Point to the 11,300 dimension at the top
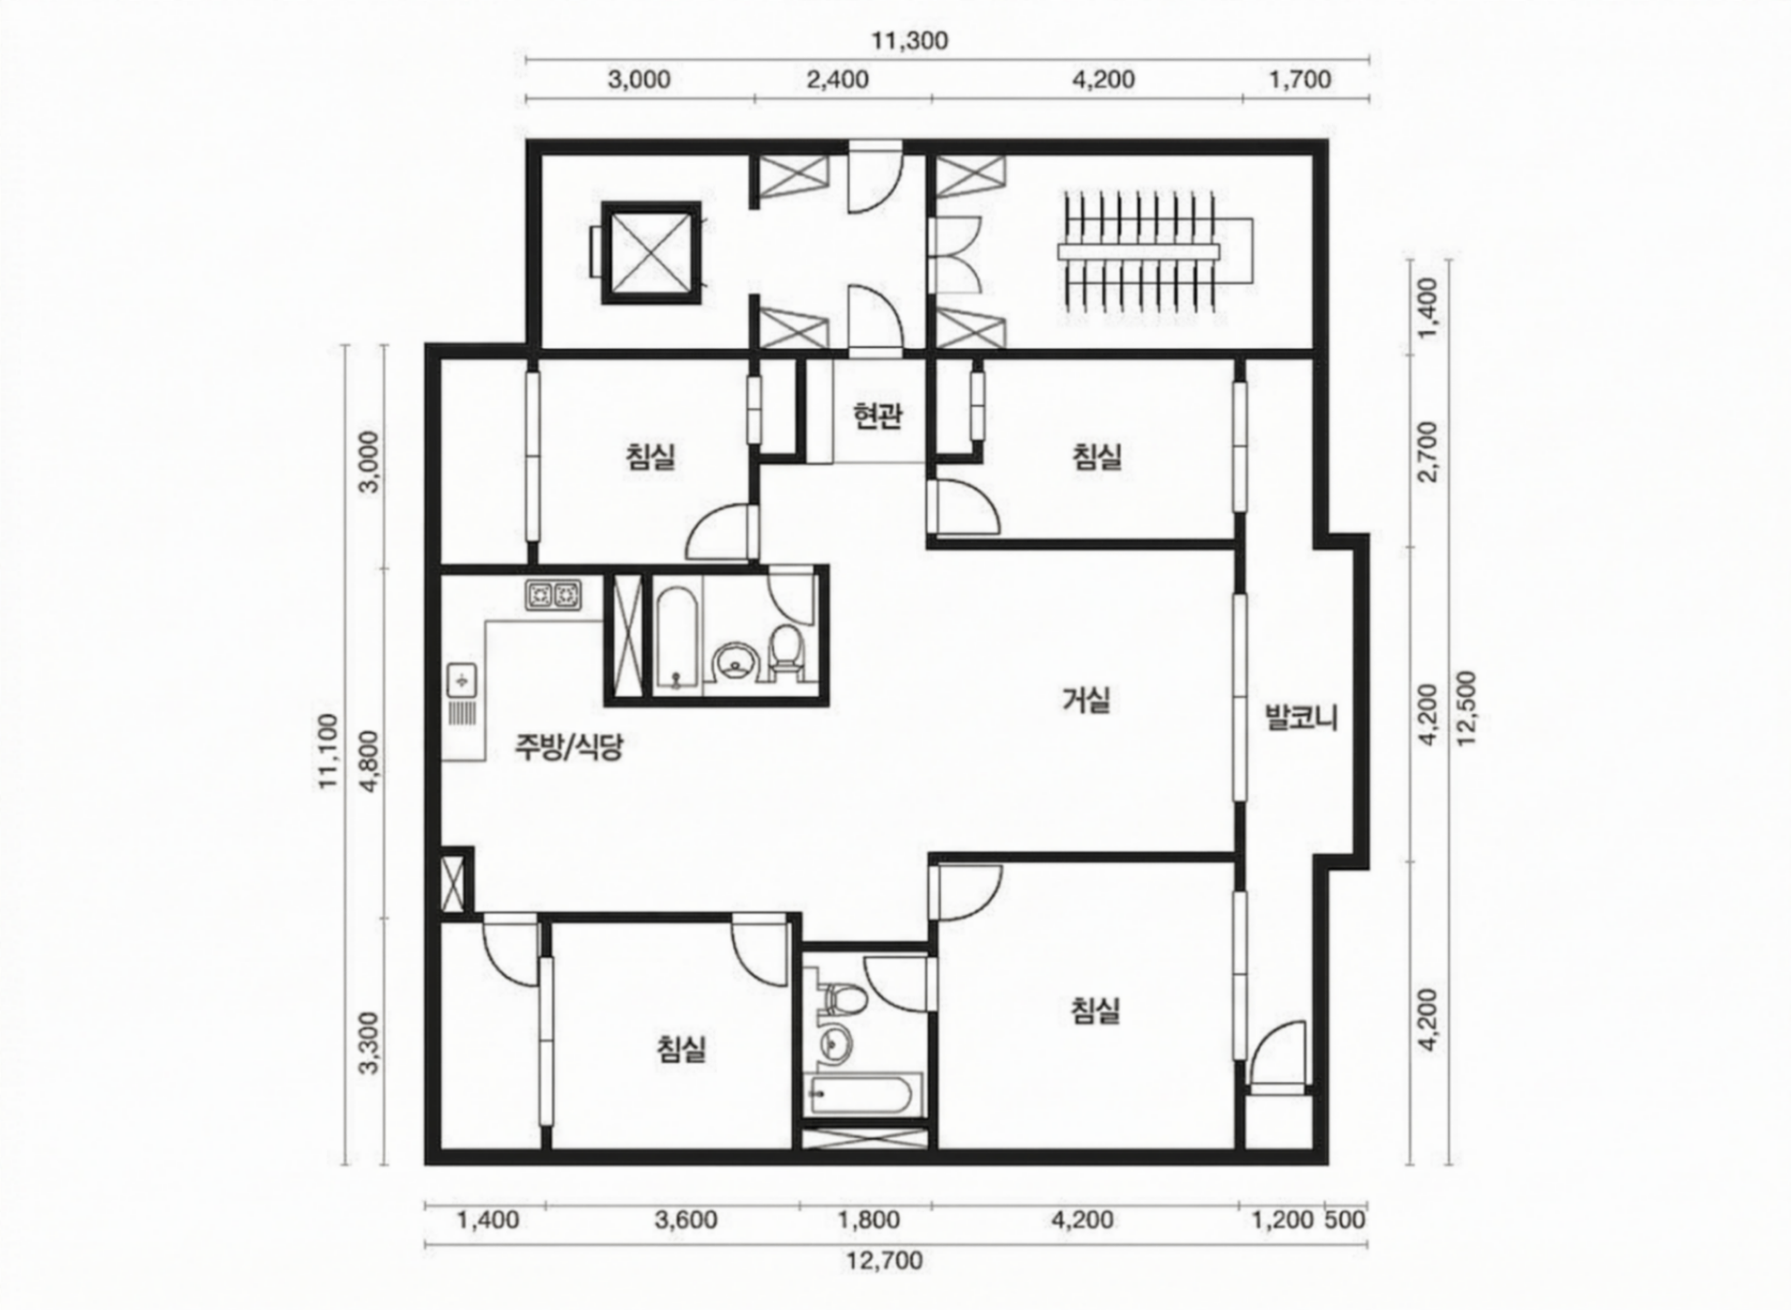[x=910, y=41]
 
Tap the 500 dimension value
[x=1346, y=1219]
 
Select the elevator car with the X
[x=651, y=253]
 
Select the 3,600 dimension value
[x=686, y=1219]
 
